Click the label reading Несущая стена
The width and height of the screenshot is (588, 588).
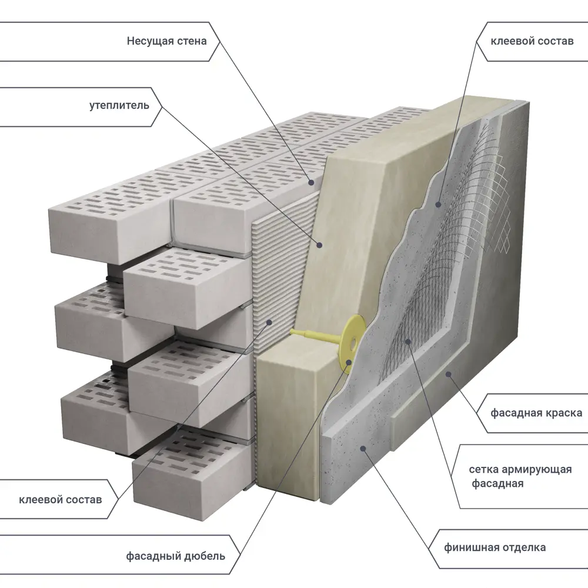(166, 41)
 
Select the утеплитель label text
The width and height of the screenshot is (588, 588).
(119, 106)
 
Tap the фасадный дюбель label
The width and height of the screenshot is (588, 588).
(175, 556)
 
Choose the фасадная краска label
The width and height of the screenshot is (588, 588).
(536, 413)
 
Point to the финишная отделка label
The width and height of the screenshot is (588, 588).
(495, 547)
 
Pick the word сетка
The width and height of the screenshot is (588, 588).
(483, 469)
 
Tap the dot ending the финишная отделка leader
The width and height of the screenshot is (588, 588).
(364, 448)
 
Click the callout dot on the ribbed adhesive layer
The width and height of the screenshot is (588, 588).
(269, 322)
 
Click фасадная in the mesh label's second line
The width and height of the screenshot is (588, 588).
(498, 484)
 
